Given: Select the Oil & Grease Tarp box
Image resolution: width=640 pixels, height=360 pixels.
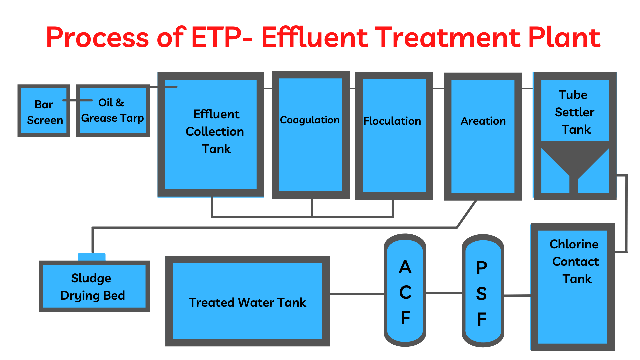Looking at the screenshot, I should point(113,111).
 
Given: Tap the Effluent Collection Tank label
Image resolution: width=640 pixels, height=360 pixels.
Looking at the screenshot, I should point(215,131).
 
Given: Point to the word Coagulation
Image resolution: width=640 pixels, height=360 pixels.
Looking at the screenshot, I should point(310,120).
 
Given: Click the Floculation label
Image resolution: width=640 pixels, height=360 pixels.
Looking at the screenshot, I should point(392,121).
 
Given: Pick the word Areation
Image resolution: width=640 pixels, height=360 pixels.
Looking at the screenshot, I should point(483,121).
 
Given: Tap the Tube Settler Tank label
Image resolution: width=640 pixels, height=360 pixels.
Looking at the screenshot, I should point(574,112).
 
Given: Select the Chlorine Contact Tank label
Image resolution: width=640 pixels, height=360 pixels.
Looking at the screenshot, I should point(574,261).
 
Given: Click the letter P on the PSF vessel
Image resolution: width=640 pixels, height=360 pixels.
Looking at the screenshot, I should point(482,268).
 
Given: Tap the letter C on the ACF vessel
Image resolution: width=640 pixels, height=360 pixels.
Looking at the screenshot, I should point(405,292).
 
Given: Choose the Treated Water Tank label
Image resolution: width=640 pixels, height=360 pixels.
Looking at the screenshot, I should point(247,302).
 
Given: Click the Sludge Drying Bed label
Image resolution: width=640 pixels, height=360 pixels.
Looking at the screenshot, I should point(92,287).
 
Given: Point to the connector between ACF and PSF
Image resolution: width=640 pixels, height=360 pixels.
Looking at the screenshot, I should point(444,293).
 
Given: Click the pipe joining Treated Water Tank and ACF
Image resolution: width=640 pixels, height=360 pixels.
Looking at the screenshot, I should point(356,294).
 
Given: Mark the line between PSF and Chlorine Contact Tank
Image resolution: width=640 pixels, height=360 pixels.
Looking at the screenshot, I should point(517,295).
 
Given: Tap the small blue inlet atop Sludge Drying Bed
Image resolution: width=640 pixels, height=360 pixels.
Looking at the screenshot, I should point(92,257).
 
